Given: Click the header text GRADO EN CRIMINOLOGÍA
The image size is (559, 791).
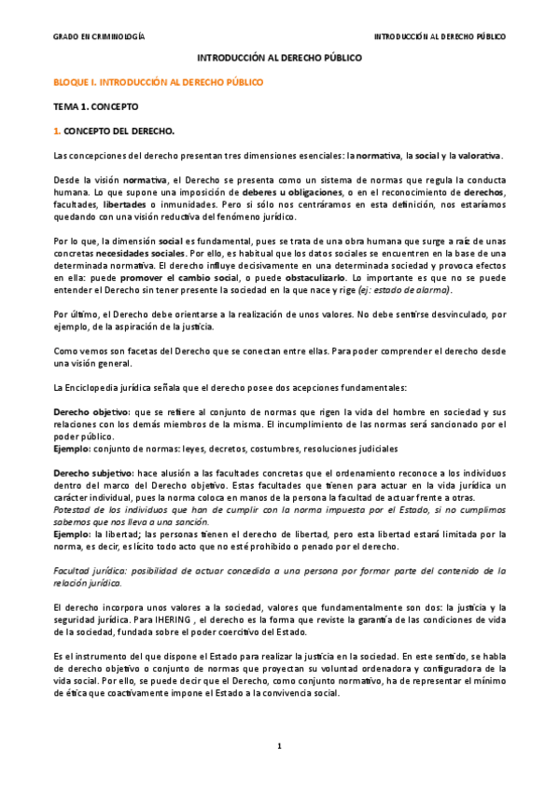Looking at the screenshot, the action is (98, 36).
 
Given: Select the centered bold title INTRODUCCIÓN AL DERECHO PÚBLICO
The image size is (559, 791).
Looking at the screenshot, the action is (279, 58).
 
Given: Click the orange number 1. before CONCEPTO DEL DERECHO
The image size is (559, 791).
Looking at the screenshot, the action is (57, 132).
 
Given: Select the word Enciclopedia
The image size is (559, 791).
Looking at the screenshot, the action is (98, 360).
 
